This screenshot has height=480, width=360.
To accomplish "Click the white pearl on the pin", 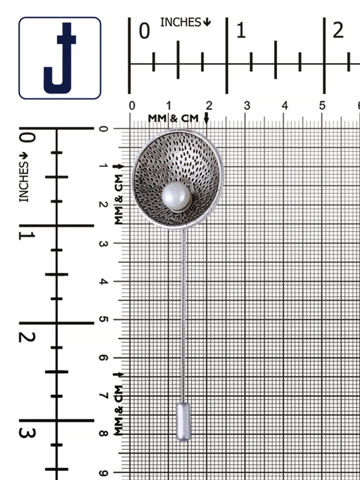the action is (x=176, y=196).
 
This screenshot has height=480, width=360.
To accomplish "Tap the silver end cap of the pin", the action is (x=183, y=421).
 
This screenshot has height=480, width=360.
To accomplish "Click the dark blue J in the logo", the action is (x=59, y=58).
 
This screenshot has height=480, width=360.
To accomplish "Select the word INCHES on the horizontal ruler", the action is (x=180, y=22).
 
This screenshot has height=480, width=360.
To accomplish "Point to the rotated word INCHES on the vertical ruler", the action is (x=23, y=182).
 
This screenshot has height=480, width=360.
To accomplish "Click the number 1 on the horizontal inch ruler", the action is (x=241, y=31).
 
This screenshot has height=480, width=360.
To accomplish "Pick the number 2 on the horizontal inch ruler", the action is (x=338, y=31).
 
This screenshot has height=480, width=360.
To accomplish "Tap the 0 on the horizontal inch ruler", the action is (x=144, y=31).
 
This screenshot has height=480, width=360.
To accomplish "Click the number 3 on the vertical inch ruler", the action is (x=27, y=433).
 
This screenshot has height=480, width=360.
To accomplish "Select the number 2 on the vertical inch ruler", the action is (x=27, y=336).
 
